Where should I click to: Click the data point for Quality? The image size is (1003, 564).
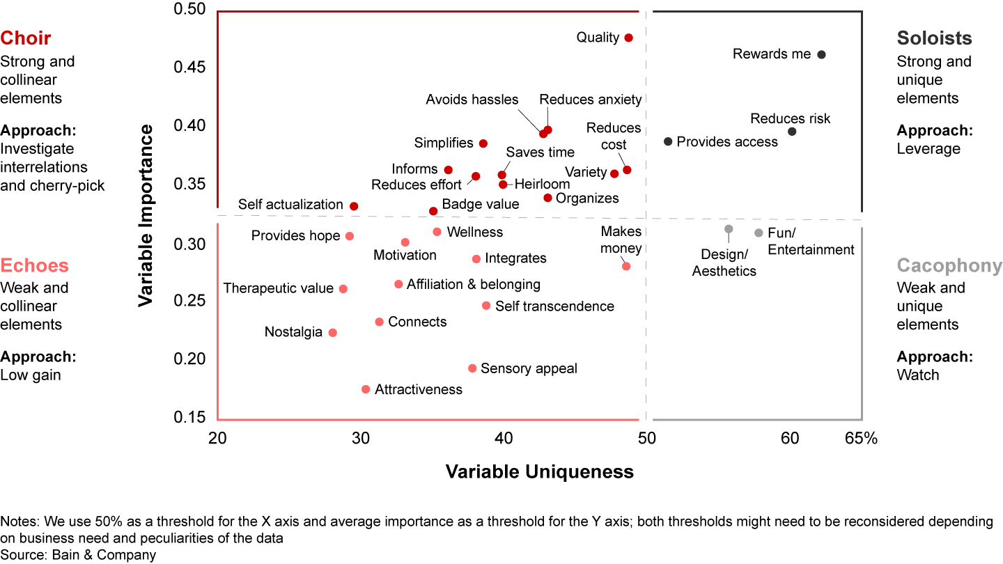[x=628, y=38]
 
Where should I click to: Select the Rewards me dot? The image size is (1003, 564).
[x=821, y=54]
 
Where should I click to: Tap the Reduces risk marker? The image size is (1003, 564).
[x=792, y=132]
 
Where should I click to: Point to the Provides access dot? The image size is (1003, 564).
[x=668, y=141]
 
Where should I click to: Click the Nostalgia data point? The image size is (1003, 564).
[x=332, y=333]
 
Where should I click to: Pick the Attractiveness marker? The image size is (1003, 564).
[x=366, y=389]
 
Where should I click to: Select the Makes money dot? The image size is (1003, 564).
[x=626, y=266]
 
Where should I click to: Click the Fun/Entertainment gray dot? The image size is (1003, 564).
[x=759, y=233]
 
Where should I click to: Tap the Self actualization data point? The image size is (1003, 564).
[x=354, y=206]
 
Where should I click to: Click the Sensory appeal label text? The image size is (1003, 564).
[x=529, y=368]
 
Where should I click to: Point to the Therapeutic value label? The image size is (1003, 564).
[x=278, y=288]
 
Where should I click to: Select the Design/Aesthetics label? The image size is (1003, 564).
[x=724, y=263]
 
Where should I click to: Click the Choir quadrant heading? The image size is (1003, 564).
[x=26, y=38]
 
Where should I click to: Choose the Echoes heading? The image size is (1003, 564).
[x=35, y=265]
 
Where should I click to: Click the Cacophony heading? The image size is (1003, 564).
[x=949, y=265]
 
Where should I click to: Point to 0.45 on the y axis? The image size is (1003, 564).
[x=189, y=68]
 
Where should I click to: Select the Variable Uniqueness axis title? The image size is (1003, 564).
[x=540, y=472]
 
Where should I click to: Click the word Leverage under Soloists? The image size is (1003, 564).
[x=928, y=149]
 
